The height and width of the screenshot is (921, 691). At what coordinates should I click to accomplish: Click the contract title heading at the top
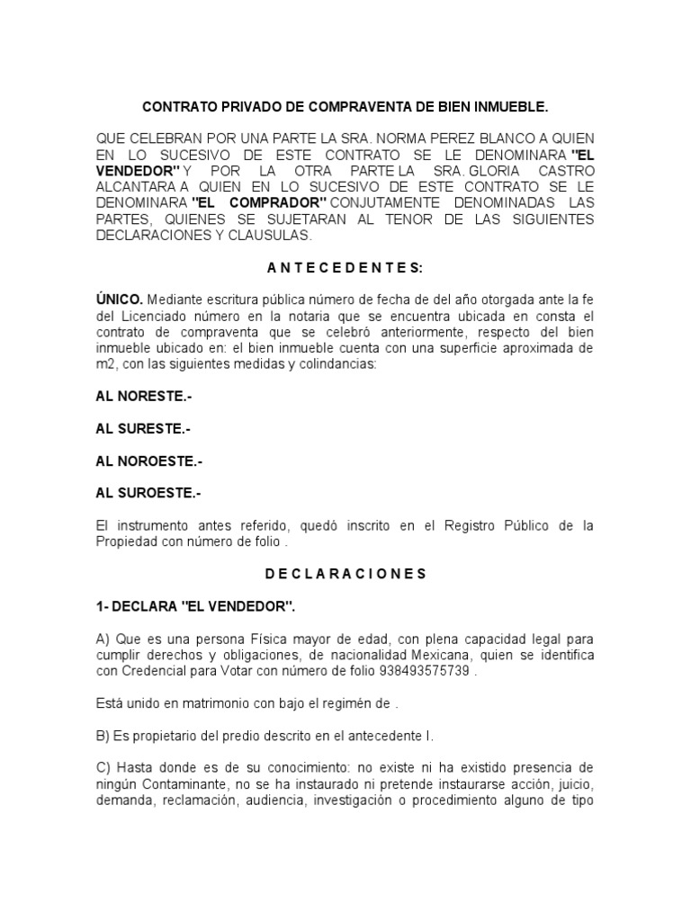(x=345, y=107)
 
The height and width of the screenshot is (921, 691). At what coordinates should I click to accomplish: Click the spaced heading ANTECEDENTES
(x=345, y=267)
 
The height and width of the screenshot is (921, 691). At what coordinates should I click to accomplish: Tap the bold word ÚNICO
(x=119, y=300)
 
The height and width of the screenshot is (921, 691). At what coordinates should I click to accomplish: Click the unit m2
(x=105, y=364)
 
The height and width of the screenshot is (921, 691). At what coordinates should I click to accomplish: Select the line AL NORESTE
(x=144, y=397)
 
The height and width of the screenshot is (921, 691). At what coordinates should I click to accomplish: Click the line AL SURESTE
(x=143, y=429)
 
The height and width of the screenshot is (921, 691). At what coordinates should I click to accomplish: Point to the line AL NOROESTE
(x=149, y=461)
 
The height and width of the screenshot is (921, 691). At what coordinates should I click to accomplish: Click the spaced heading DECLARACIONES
(x=345, y=573)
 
